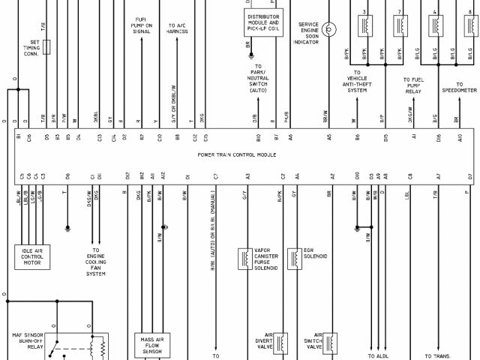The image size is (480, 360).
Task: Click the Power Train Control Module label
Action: (237, 154)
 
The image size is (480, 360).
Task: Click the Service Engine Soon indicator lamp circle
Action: (331, 28)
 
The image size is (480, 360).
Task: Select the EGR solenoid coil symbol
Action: (297, 258)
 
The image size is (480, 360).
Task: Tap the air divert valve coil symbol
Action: (281, 343)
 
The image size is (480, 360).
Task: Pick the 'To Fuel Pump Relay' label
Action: (415, 85)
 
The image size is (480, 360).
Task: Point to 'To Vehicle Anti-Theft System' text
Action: (358, 85)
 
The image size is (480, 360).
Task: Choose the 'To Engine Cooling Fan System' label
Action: (95, 262)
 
